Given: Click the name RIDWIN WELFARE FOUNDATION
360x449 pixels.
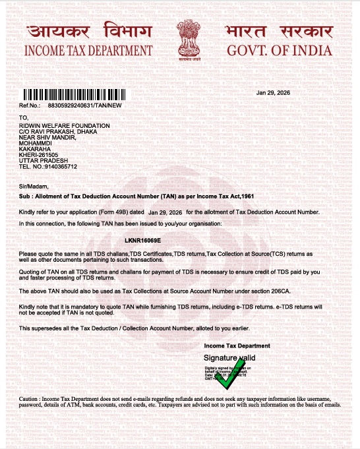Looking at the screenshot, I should tap(65, 125).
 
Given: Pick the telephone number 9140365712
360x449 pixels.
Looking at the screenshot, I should tap(60, 167).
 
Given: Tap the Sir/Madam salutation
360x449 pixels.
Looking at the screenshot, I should tap(30, 188).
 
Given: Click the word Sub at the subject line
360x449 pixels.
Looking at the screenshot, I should tap(24, 197).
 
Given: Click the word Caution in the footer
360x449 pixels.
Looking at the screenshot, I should tap(29, 400).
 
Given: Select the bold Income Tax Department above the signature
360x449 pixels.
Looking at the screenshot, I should tap(237, 345).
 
